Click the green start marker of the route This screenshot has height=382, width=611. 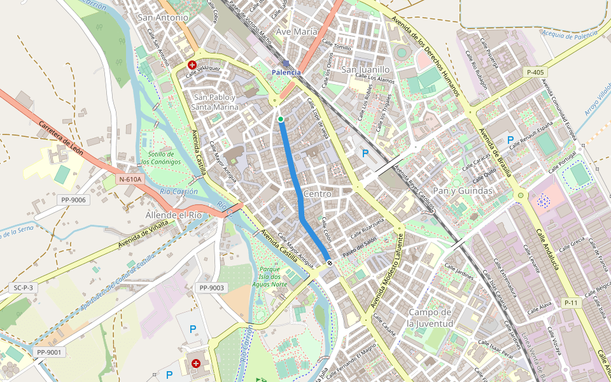point(280,119)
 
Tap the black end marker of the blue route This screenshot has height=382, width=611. point(329,262)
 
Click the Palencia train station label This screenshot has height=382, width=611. point(286,72)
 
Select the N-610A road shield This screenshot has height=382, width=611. point(131,180)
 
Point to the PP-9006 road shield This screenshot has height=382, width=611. point(74,200)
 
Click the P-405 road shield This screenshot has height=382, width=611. point(535,73)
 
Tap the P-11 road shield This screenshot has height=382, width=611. point(571,303)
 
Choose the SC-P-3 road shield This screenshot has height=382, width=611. point(23,288)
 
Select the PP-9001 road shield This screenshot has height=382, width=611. point(49,352)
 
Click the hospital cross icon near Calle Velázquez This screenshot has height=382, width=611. point(192,65)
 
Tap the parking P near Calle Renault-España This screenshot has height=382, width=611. point(510,139)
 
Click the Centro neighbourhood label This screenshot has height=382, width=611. point(318,193)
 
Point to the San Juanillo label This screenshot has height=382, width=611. point(365,69)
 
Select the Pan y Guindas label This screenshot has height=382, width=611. point(463,190)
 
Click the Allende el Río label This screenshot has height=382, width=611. point(173,215)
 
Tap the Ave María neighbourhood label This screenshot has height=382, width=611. point(297,31)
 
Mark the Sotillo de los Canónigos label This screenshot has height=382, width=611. point(160,158)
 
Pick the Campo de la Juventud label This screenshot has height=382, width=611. point(430,318)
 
